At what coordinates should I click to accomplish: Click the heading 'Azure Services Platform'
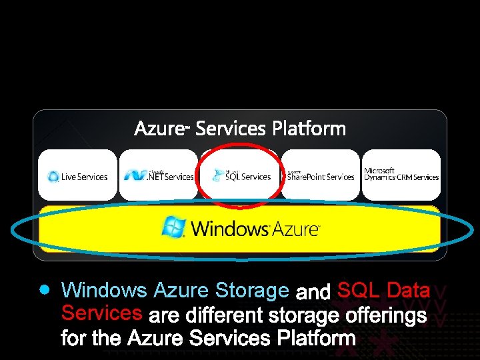[240, 128]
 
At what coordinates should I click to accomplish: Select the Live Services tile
[77, 175]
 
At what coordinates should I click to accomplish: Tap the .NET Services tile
[158, 175]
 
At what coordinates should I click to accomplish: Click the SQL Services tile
[240, 175]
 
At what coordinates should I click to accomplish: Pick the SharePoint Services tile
[320, 175]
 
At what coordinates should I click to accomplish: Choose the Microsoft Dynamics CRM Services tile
[401, 175]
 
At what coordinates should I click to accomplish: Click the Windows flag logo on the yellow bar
[174, 227]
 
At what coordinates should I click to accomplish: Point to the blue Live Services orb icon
[53, 177]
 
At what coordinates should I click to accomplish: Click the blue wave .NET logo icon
[135, 175]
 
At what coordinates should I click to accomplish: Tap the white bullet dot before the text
[44, 290]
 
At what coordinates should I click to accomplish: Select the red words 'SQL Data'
[383, 291]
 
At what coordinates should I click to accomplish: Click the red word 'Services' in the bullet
[101, 312]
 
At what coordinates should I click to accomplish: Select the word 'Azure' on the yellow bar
[295, 229]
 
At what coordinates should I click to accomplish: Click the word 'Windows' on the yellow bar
[230, 229]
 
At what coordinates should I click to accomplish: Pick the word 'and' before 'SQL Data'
[313, 293]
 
